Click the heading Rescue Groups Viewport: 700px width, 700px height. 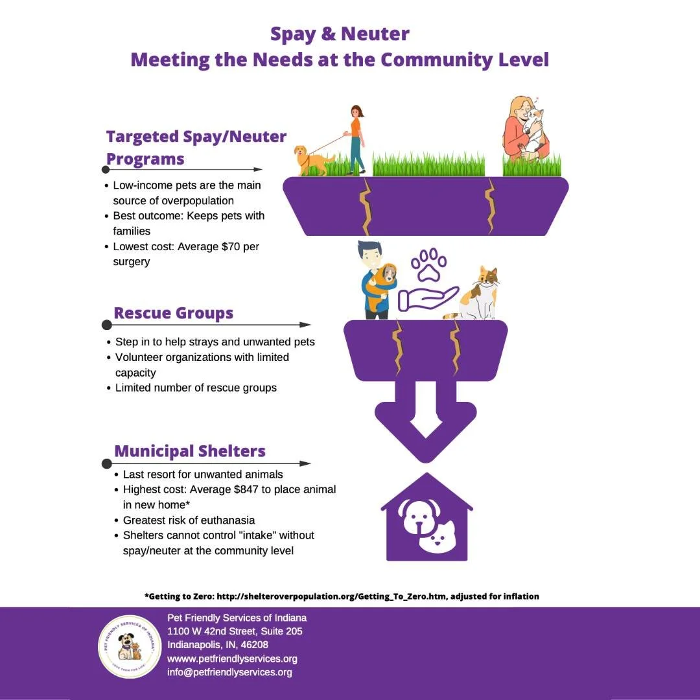coord(173,313)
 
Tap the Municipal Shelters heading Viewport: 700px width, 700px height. coord(190,451)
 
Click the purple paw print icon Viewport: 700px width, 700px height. coord(429,266)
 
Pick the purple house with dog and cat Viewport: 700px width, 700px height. coord(426,519)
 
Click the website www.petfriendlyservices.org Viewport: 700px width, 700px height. coord(232,659)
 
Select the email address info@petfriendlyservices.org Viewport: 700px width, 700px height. coord(229,672)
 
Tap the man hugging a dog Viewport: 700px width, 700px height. coord(376,281)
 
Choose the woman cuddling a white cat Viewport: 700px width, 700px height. coord(526,130)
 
